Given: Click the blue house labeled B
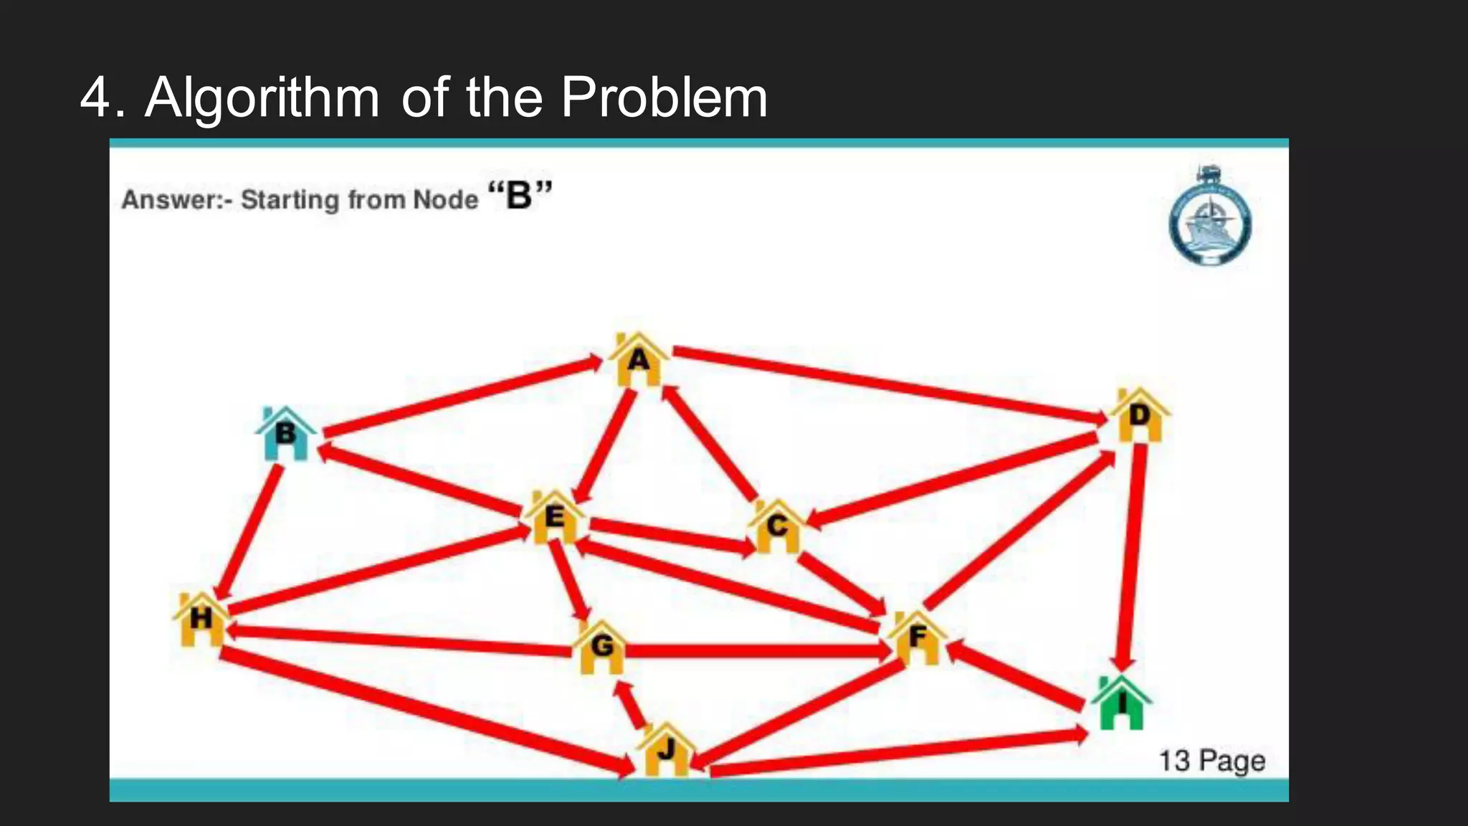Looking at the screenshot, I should [286, 434].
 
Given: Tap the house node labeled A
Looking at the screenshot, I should [638, 360].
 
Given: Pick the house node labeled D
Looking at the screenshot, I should [1139, 416].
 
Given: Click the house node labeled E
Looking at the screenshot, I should [553, 517].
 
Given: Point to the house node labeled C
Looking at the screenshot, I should [776, 527].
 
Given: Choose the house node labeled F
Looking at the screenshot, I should [917, 637].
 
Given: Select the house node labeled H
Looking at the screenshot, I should [201, 619].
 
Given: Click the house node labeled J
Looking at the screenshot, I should [666, 751].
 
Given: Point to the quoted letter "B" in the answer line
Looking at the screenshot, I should [520, 195].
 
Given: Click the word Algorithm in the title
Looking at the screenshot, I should [262, 98].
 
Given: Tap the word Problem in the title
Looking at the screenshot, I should [664, 98].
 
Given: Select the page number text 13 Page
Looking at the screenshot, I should [1211, 761].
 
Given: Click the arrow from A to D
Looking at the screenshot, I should [889, 384].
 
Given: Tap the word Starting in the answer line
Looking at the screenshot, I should [290, 199].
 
